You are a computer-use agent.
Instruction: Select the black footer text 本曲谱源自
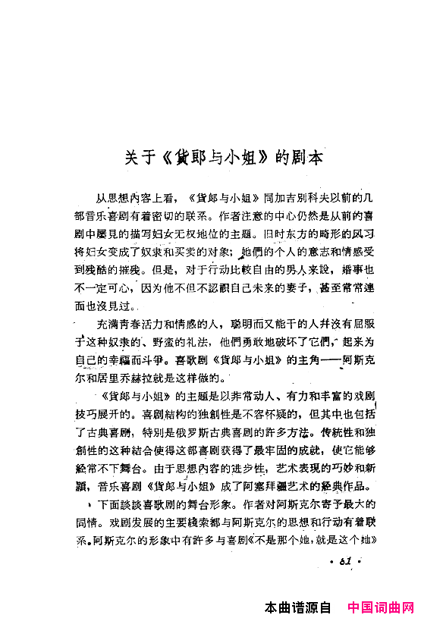pyautogui.click(x=298, y=607)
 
